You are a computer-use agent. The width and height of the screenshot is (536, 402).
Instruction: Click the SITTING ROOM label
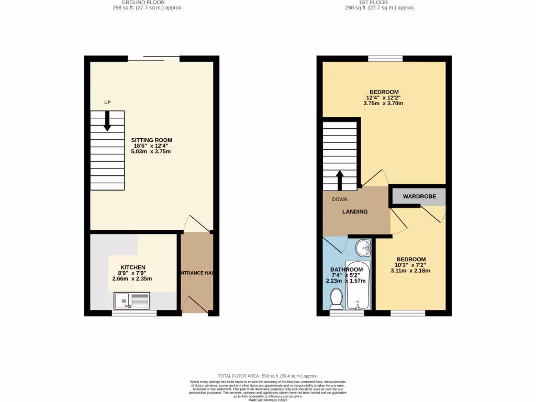(151, 140)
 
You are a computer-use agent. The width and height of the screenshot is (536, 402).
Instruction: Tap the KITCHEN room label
(132, 267)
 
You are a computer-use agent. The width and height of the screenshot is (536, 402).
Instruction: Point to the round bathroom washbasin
(363, 247)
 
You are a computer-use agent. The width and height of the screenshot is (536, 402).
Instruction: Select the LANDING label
(355, 211)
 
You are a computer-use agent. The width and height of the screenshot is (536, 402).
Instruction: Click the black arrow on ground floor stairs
(107, 121)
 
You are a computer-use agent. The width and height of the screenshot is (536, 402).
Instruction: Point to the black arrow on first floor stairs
(339, 180)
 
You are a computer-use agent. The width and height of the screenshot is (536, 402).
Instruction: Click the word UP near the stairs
(107, 103)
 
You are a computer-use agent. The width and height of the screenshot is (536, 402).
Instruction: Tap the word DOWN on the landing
(339, 199)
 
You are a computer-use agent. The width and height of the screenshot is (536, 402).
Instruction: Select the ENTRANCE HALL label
(197, 274)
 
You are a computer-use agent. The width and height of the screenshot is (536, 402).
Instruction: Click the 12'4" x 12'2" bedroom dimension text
(383, 97)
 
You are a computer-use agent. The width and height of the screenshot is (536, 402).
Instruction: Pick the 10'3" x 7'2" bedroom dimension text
(410, 266)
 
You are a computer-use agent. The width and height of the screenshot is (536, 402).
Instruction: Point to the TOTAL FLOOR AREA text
(268, 376)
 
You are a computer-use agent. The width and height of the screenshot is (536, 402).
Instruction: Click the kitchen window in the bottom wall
(135, 314)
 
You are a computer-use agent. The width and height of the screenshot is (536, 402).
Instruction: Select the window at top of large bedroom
(385, 59)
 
